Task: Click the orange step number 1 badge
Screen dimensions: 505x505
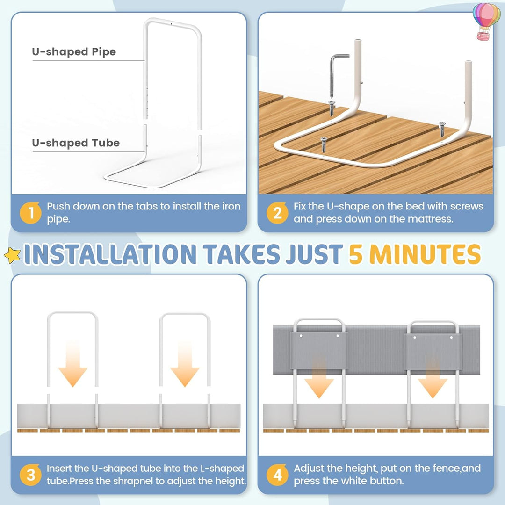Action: (x=30, y=213)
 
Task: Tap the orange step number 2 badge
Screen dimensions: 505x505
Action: (x=277, y=213)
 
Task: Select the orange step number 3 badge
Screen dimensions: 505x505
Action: (x=30, y=475)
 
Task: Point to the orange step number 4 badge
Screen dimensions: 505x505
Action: (x=277, y=475)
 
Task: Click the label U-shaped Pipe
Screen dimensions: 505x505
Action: (x=74, y=52)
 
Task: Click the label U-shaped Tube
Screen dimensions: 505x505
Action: (x=76, y=143)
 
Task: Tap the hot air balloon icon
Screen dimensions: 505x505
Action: (x=487, y=21)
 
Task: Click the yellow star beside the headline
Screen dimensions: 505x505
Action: (x=12, y=255)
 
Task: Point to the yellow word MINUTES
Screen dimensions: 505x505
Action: (x=425, y=254)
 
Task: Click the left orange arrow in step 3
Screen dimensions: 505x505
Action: (x=73, y=364)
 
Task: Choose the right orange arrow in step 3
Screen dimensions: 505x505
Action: (x=185, y=364)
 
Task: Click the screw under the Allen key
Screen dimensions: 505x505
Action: (x=332, y=108)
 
